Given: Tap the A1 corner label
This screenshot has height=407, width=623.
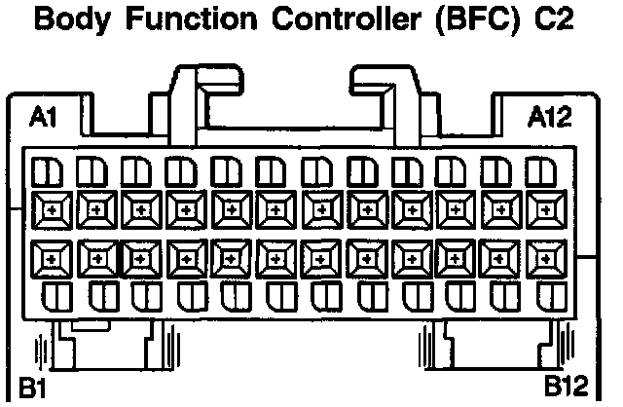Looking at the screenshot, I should coord(45,119).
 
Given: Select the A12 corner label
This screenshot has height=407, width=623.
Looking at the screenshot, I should coord(551,119).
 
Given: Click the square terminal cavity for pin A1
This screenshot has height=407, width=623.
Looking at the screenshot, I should coord(50,208).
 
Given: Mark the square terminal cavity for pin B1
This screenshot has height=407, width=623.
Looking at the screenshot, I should coord(50,258).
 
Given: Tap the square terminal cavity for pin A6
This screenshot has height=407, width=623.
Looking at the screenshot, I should coord(276,208).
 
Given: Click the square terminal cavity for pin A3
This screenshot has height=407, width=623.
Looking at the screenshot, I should coord(140,208).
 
